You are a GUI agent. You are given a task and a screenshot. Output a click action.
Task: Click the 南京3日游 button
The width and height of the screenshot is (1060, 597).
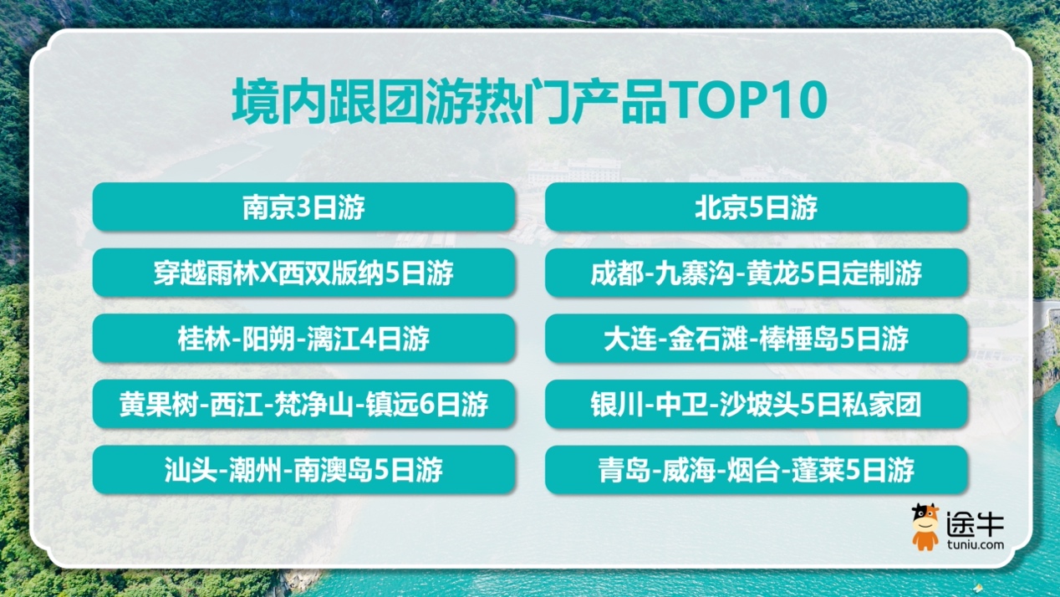pos(303,207)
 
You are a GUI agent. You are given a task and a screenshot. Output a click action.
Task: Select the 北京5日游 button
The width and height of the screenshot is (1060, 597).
pos(757,207)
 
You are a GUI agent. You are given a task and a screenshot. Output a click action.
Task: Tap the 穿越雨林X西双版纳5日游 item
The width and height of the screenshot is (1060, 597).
pos(303,273)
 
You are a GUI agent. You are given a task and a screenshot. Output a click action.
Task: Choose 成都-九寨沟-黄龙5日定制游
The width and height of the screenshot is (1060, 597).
pos(757,273)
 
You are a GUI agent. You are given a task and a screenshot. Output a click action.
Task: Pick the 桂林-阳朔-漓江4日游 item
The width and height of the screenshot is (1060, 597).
pos(303,339)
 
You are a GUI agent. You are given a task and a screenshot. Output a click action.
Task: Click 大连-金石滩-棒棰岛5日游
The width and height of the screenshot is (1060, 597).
pos(757,339)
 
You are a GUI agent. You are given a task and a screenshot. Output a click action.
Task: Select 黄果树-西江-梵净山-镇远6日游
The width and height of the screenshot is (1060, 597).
pos(303,405)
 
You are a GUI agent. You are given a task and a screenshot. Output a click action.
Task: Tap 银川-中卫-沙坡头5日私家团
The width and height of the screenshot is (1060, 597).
pos(757,405)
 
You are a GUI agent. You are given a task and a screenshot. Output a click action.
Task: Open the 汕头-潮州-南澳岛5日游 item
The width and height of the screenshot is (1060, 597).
pos(303,470)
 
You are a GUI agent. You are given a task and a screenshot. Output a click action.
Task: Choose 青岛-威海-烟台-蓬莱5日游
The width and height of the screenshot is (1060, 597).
pos(757,470)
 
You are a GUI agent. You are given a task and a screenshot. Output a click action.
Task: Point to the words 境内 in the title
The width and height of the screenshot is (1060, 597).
pos(279,101)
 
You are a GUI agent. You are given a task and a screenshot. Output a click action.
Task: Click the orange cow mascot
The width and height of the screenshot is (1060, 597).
pos(925,527)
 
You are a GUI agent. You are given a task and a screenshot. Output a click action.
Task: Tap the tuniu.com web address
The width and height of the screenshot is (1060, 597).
pos(976,545)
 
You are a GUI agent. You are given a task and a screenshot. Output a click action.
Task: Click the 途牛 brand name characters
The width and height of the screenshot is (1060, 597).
pos(975,523)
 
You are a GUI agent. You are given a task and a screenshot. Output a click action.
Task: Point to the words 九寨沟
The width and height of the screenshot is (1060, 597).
pos(696,273)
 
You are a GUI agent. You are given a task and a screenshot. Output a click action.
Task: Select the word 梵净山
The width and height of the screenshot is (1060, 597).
pos(313,405)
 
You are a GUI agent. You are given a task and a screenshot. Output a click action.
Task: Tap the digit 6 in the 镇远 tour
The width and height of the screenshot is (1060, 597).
pos(427,405)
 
